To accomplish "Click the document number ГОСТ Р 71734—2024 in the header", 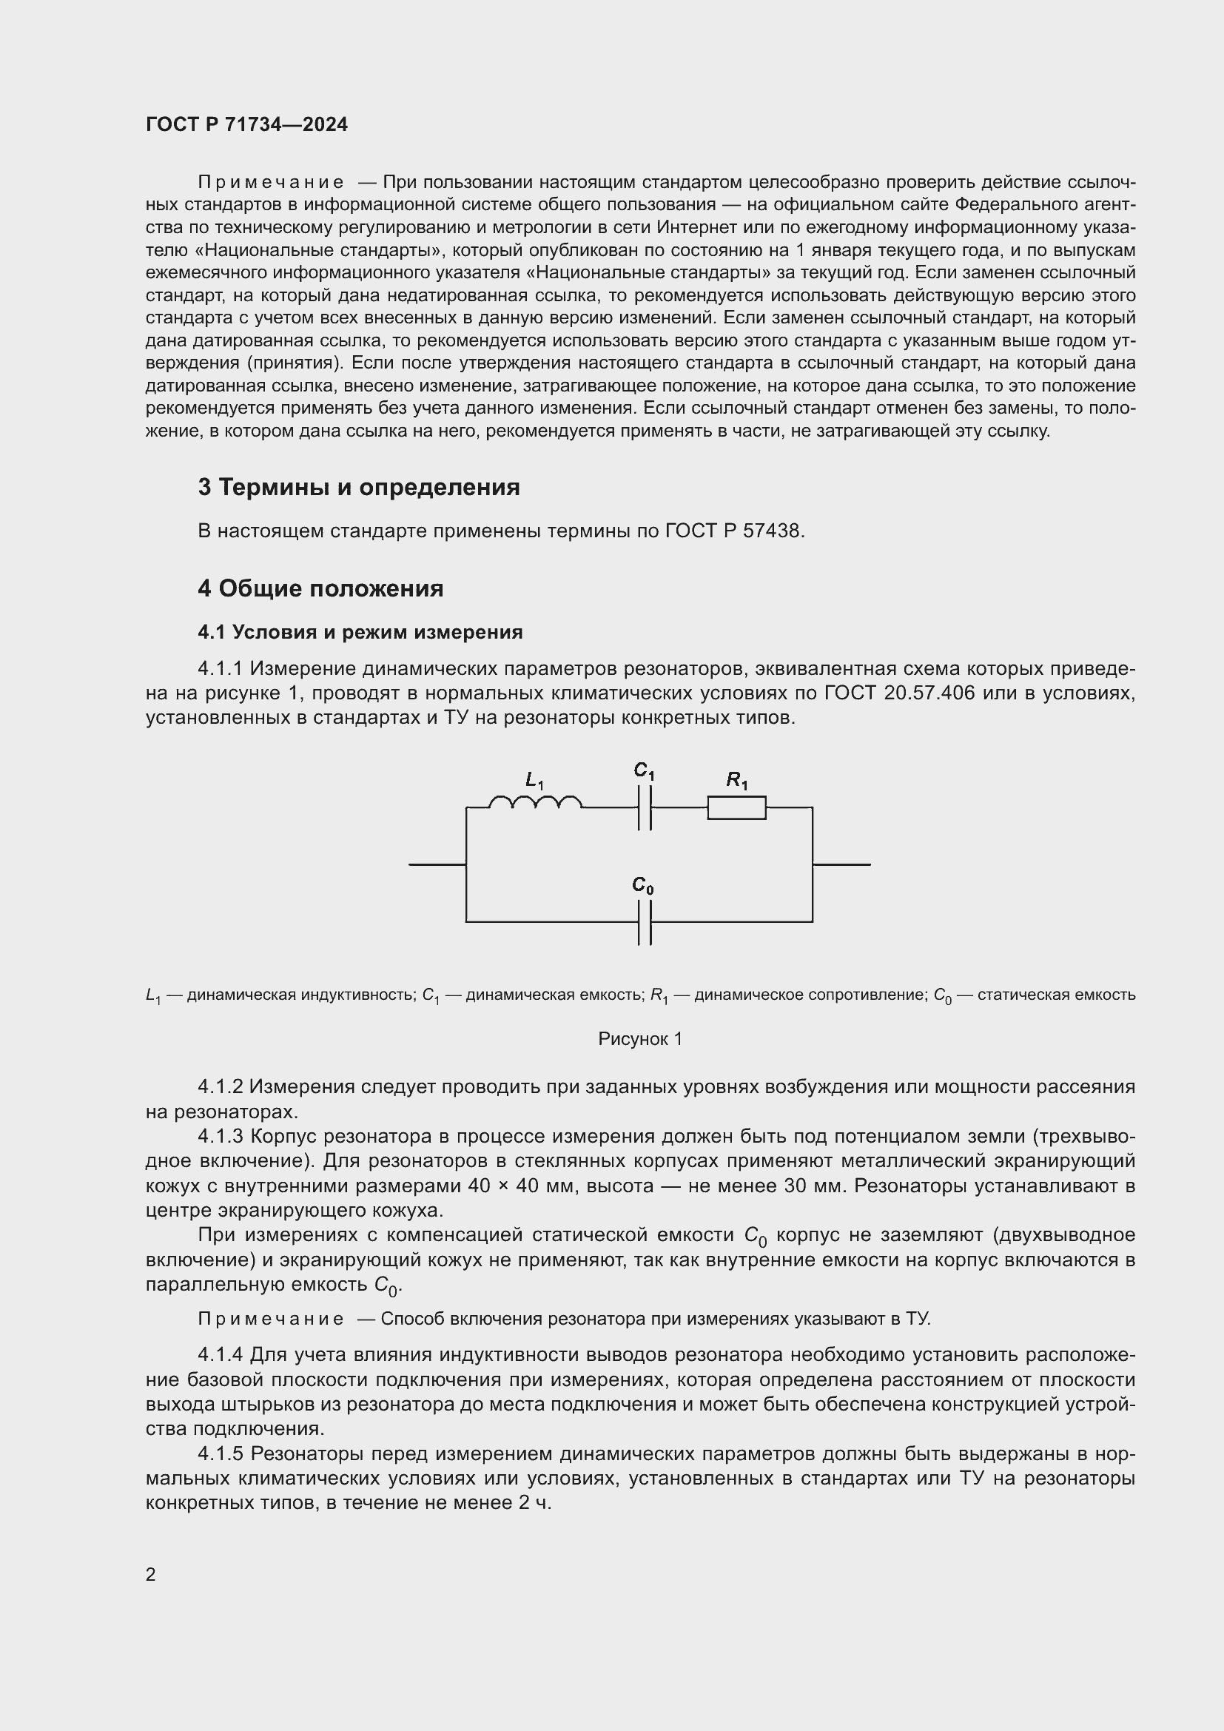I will click(246, 124).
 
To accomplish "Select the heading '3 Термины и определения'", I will click(359, 488).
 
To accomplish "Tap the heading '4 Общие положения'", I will click(320, 589).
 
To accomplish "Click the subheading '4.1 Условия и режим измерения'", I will click(360, 632).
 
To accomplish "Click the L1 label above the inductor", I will click(534, 780).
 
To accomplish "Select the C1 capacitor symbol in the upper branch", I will click(645, 807).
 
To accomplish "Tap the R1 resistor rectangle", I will click(736, 807).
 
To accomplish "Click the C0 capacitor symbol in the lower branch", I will click(645, 921).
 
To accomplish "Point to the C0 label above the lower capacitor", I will click(643, 885).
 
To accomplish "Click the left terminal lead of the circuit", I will click(437, 864).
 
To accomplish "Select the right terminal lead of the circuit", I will click(841, 864).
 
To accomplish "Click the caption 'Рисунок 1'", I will click(640, 1039).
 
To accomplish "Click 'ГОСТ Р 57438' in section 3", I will click(734, 531).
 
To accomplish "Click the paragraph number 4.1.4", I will click(220, 1355).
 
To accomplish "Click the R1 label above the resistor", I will click(736, 780).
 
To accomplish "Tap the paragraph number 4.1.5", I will click(220, 1453).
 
